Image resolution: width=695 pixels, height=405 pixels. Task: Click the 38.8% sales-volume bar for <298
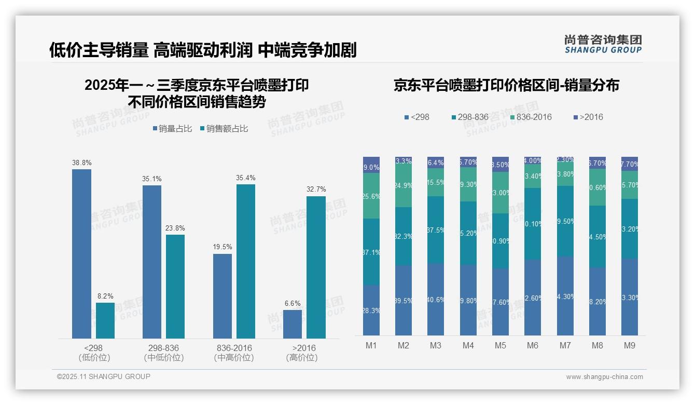pos(81,254)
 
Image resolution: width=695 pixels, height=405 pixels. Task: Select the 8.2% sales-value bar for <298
pos(105,320)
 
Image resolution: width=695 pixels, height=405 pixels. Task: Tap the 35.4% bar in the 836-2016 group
pos(246,261)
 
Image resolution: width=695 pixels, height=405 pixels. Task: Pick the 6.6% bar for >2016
pos(293,324)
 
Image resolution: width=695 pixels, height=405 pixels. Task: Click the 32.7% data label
pos(316,190)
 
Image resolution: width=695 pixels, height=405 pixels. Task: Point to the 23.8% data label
pos(175,228)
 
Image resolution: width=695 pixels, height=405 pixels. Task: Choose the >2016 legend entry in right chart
pos(589,117)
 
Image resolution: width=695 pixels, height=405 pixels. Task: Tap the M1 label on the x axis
pos(371,345)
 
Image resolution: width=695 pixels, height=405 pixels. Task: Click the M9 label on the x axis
pos(630,345)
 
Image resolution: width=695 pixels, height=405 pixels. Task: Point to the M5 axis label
pos(501,345)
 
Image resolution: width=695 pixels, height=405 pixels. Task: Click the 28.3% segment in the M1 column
pos(371,310)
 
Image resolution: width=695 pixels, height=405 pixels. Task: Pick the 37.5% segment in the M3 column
pos(436,230)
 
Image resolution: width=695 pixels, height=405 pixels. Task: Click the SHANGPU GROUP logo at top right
pos(603,44)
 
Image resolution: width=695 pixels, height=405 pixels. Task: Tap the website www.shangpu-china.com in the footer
pos(604,377)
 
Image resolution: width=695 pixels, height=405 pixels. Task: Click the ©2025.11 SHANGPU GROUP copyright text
pos(104,376)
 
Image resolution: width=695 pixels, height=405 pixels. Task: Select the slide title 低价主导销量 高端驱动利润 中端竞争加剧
pos(203,50)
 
